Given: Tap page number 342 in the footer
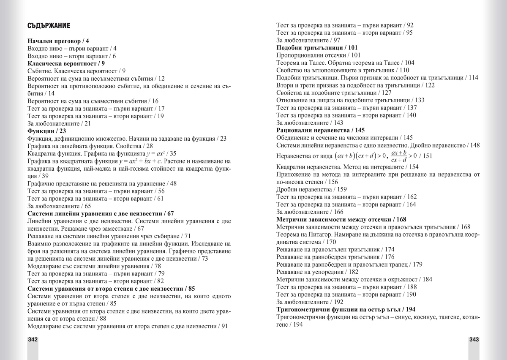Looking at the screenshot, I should tap(33, 340).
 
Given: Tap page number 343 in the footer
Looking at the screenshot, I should tap(473, 340).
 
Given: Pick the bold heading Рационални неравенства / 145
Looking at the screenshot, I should tap(320, 130).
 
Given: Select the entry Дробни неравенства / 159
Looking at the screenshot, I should tap(311, 189).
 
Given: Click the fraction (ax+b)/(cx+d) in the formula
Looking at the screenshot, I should tap(399, 156).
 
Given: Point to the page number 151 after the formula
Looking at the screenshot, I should tap(427, 156).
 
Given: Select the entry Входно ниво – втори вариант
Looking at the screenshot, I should tap(72, 56).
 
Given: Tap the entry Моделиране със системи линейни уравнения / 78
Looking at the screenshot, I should tap(94, 266).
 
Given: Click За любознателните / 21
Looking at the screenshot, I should tap(59, 123).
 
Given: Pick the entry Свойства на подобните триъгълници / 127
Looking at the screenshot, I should tap(334, 93).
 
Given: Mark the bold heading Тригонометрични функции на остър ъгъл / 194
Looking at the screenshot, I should tap(346, 309).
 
